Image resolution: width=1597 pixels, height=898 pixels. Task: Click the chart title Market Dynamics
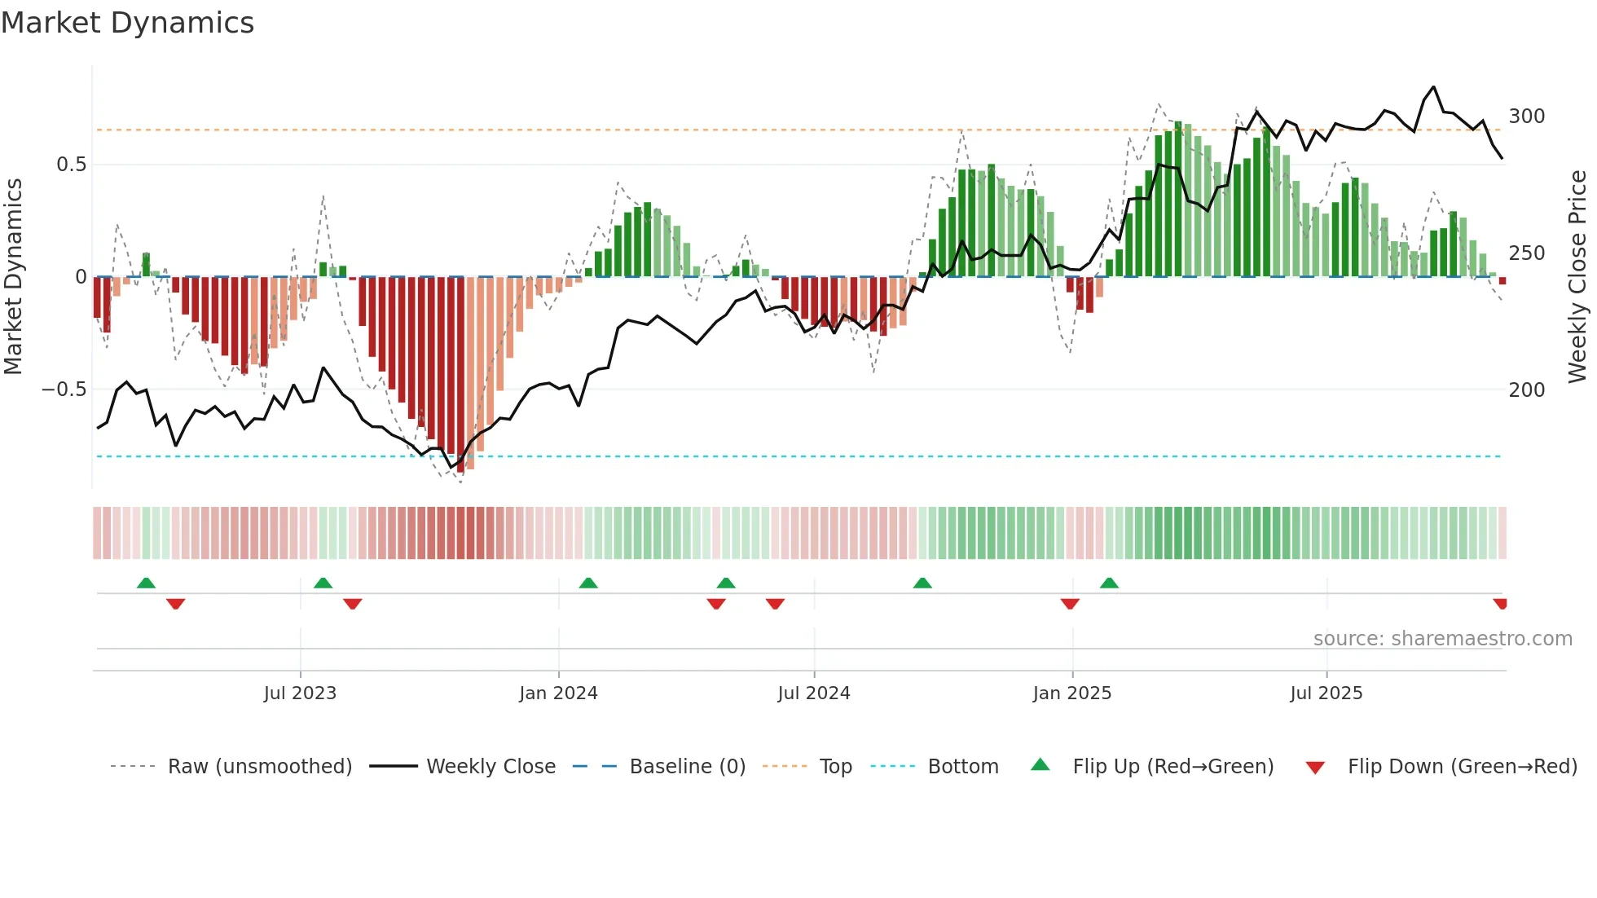click(127, 23)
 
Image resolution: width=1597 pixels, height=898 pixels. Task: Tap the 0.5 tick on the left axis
click(71, 165)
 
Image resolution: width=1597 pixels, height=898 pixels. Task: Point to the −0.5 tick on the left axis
click(64, 390)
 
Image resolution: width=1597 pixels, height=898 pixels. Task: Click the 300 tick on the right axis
click(1526, 117)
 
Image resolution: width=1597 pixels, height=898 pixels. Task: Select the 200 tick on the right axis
click(1526, 390)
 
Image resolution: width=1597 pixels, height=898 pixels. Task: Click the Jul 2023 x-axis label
click(300, 693)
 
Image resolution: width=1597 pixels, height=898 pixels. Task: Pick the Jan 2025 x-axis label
click(1071, 693)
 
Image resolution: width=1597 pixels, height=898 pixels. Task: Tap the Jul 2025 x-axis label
click(1326, 693)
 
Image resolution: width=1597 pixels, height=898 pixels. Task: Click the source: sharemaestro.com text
click(1442, 639)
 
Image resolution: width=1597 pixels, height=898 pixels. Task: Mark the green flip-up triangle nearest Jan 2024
click(588, 583)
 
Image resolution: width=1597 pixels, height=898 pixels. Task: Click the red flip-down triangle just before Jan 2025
click(1070, 604)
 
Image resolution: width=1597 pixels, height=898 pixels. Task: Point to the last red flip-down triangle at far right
click(1500, 604)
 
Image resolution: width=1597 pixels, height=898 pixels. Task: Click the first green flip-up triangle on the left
click(146, 583)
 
